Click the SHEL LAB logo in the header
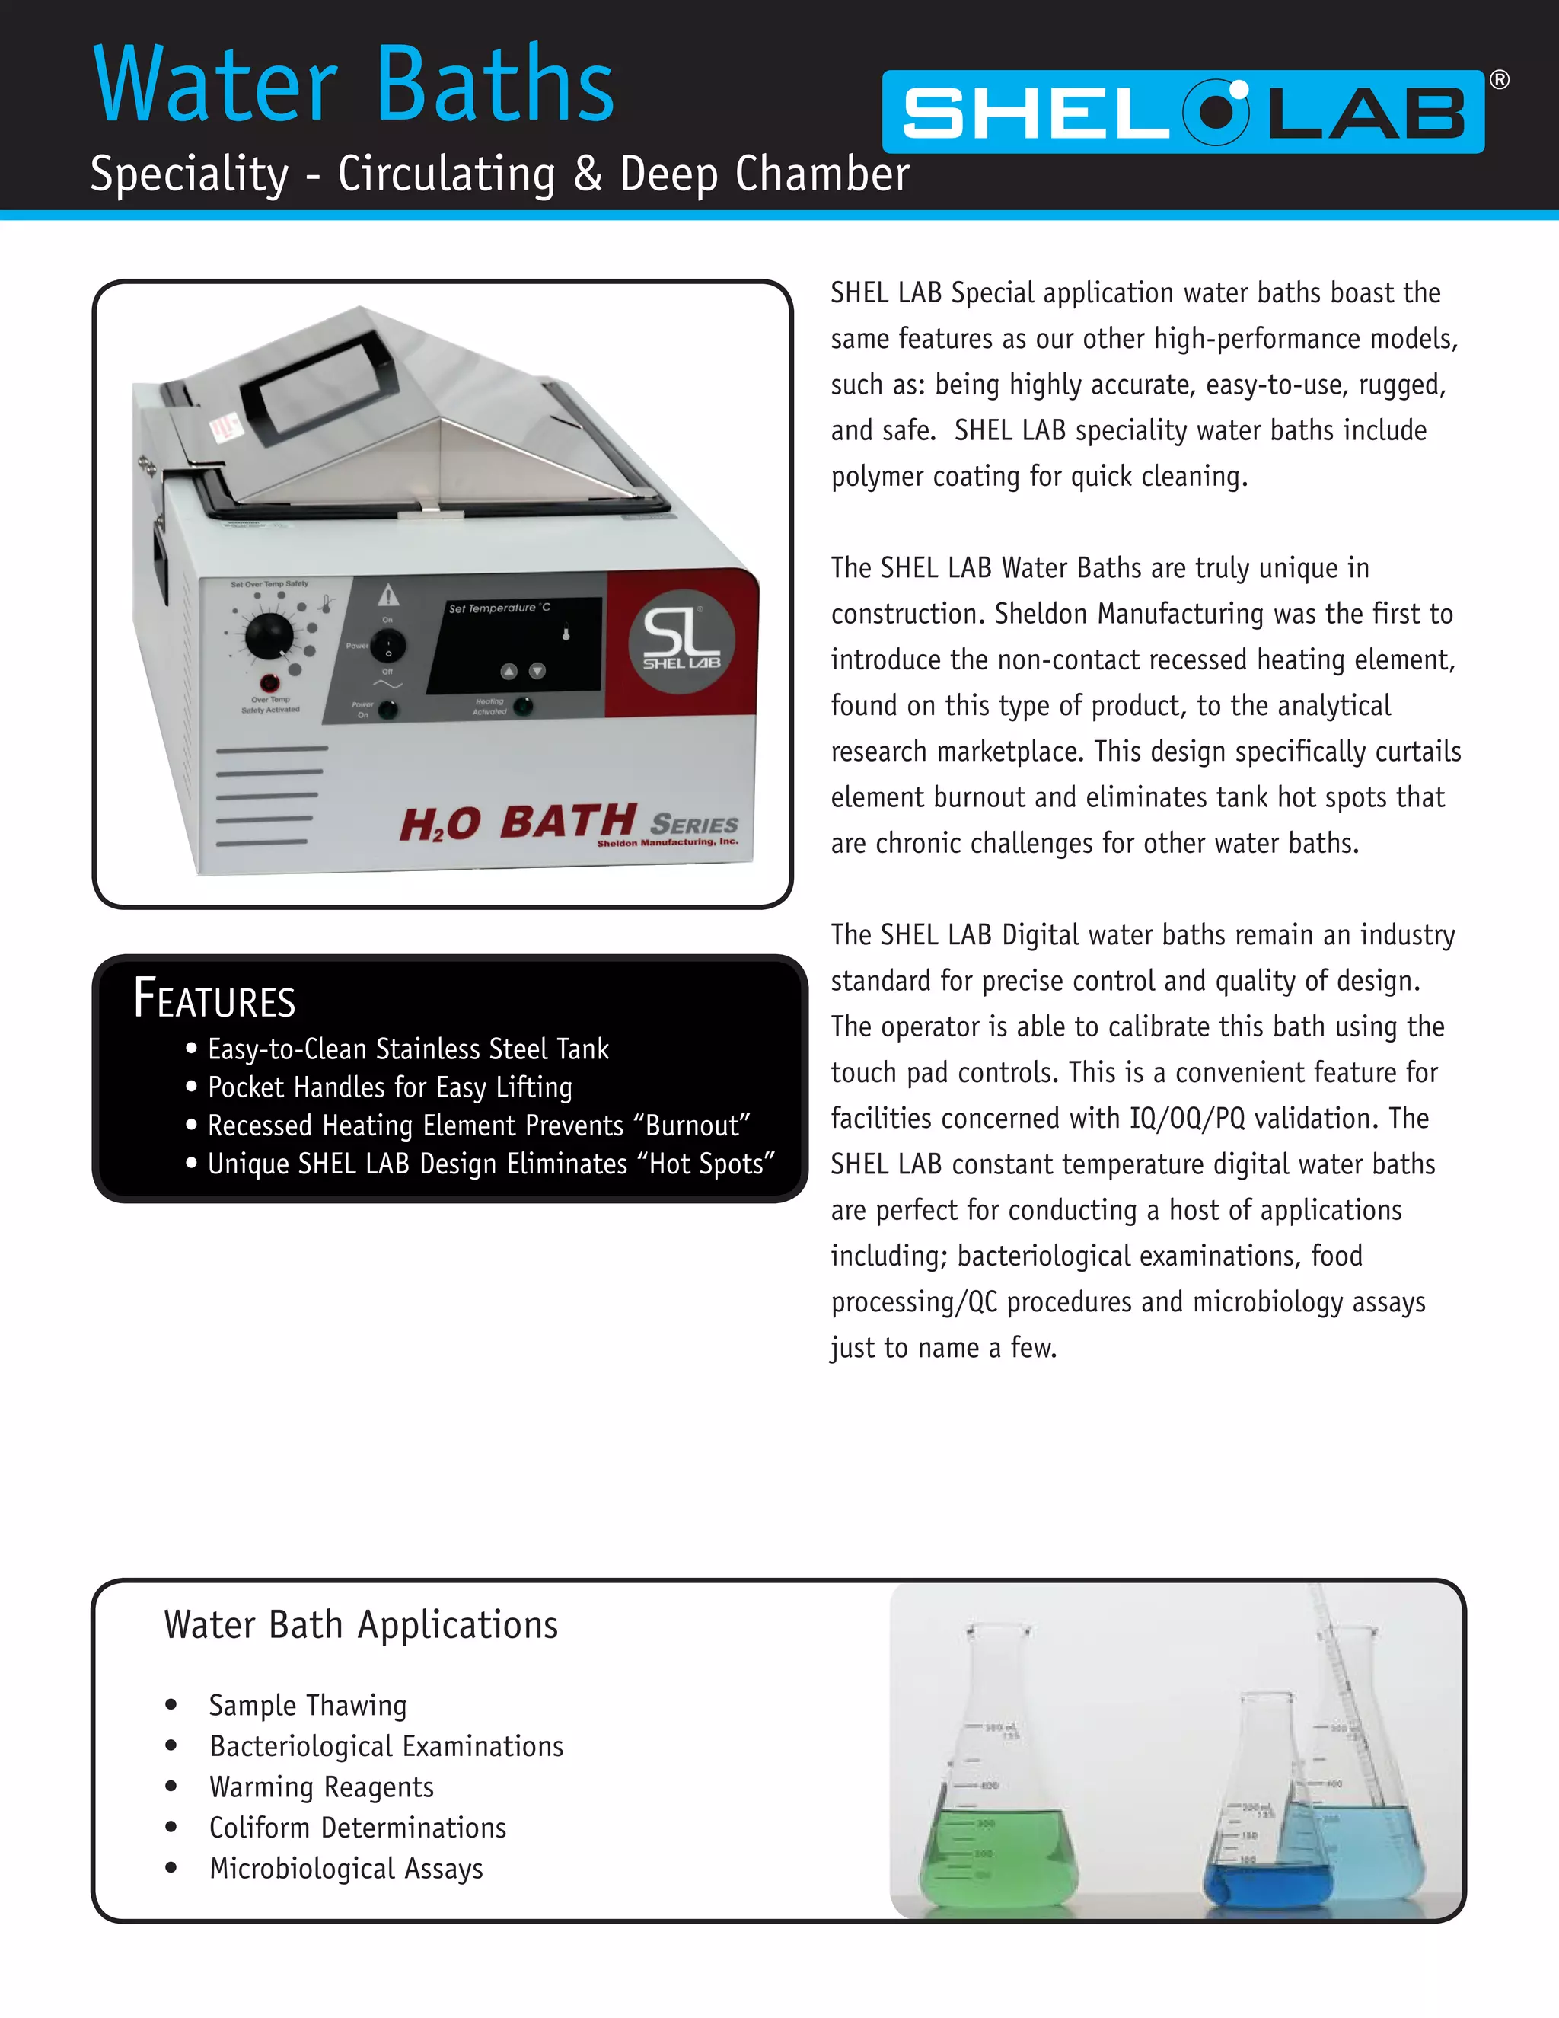click(x=1182, y=112)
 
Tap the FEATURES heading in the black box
click(x=214, y=999)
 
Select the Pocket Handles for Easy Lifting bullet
click(x=389, y=1087)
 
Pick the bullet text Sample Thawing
click(x=308, y=1705)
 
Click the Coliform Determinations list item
click(x=358, y=1828)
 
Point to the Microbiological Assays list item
click(x=346, y=1868)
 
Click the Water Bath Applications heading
click(x=360, y=1625)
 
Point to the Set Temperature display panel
click(x=514, y=645)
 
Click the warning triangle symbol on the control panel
click(x=388, y=594)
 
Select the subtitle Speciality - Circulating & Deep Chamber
click(x=499, y=174)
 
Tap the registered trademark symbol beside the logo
click(x=1500, y=81)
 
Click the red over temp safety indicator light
click(x=269, y=684)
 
